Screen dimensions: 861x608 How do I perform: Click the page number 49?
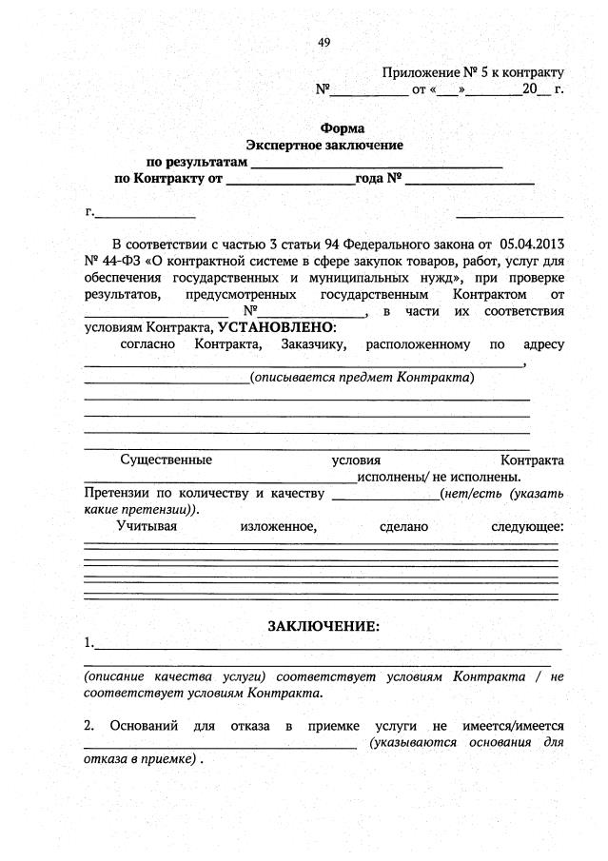tap(324, 43)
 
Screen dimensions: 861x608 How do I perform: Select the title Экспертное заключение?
tap(324, 145)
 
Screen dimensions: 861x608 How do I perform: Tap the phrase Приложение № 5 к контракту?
tap(473, 72)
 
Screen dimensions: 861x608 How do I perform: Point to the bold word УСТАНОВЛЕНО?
tap(271, 326)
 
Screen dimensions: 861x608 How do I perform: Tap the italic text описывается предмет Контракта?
tap(362, 378)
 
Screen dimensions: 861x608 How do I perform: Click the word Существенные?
tap(166, 460)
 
